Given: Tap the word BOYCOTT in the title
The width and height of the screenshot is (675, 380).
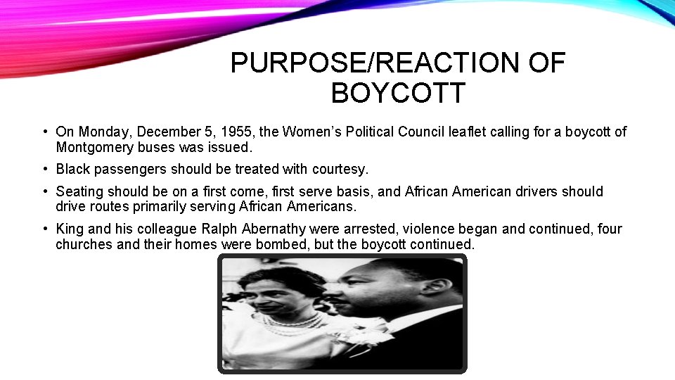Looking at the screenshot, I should [x=398, y=93].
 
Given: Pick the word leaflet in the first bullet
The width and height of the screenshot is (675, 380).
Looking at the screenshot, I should [x=457, y=132].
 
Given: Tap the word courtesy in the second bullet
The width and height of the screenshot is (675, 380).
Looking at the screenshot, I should [x=341, y=170].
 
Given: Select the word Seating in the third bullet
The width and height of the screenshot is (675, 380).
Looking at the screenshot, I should [x=79, y=191].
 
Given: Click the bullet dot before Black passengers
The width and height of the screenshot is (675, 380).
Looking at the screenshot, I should [x=45, y=170].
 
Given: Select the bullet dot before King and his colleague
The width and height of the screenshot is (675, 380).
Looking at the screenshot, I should [x=45, y=229].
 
